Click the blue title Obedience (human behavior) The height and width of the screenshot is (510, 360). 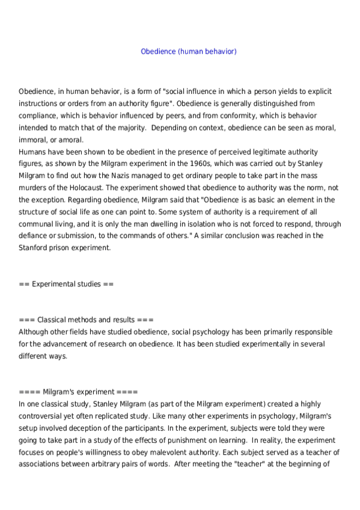coord(189,52)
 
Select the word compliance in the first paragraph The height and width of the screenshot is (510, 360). coord(37,115)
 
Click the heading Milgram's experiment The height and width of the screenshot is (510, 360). coord(78,391)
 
